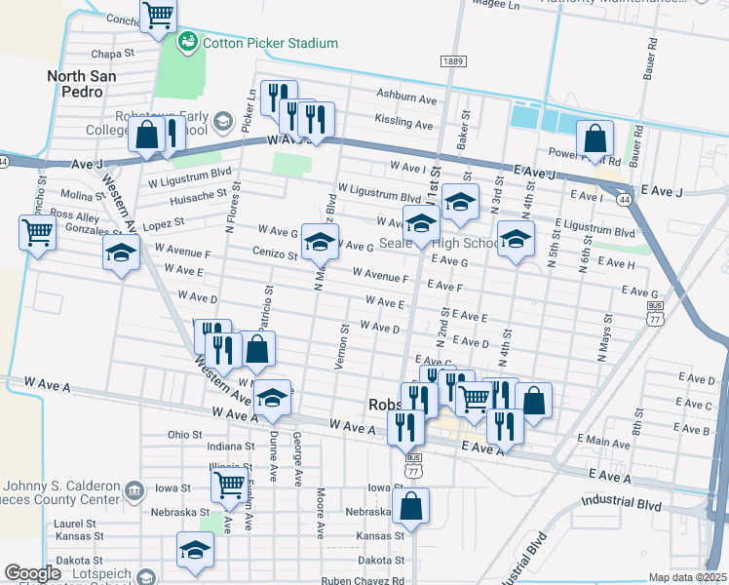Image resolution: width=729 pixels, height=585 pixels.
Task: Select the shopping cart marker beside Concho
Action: pos(158,17)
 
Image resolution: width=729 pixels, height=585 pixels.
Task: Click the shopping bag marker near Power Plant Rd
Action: pos(594,139)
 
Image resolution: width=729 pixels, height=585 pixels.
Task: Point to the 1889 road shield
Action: pos(451,61)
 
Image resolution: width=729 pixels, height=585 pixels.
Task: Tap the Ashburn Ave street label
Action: pos(407,98)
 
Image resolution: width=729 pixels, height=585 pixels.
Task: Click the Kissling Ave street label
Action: pos(403,124)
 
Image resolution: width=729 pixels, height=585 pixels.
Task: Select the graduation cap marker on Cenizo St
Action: pos(319,243)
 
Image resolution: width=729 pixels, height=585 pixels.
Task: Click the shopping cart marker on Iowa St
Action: pos(229,484)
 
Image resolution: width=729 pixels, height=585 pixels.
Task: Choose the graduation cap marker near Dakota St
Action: pos(195,551)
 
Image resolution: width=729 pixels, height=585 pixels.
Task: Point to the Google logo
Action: pos(32,573)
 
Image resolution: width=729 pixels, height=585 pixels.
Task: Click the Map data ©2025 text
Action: pos(687,577)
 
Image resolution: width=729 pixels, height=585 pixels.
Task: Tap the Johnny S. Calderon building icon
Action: pos(135,487)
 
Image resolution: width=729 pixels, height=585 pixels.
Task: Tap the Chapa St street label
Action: pos(110,55)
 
